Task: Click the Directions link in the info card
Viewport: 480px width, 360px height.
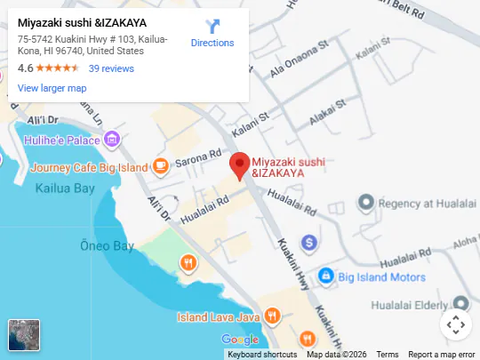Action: point(212,33)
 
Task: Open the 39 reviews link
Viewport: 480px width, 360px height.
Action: point(111,68)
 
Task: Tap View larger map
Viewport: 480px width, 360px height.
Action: point(52,88)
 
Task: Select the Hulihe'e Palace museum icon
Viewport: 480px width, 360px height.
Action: point(111,140)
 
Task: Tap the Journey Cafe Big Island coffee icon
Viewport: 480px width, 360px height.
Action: point(161,165)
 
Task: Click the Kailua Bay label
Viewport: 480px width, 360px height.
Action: point(64,188)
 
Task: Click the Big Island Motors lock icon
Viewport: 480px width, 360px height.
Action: point(326,276)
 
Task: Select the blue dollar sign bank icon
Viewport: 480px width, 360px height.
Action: point(309,241)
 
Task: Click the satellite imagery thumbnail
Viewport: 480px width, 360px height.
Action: point(24,335)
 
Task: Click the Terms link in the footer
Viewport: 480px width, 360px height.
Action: point(388,355)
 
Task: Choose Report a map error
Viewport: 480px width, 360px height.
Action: point(443,355)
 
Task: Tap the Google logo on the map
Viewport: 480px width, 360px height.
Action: point(239,340)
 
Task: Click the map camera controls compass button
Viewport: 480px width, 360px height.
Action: point(455,324)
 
